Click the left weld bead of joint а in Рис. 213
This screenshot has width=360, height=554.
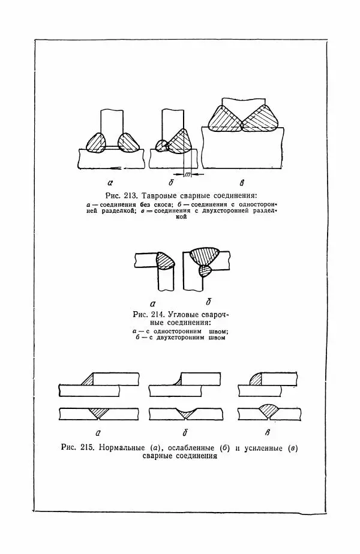pos(97,143)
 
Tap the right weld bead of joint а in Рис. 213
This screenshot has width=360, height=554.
pos(129,143)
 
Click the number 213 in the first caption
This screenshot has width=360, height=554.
pos(130,196)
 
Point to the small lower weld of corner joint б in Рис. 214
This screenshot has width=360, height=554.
pos(205,272)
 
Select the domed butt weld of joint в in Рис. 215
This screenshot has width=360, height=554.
pos(268,411)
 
